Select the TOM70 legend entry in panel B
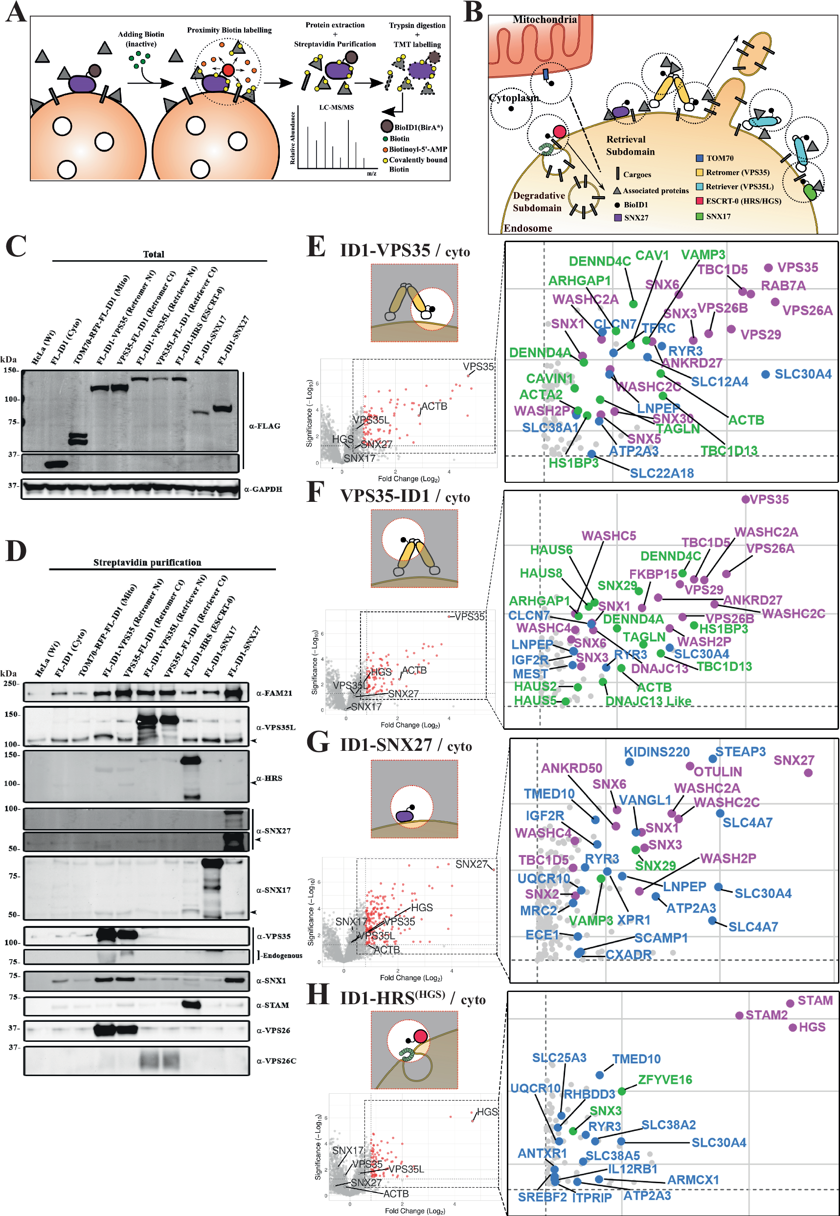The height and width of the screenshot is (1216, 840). point(719,158)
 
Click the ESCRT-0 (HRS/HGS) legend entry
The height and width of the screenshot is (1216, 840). point(743,201)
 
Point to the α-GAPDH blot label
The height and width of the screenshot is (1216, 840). point(263,489)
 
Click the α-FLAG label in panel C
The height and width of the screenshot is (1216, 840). point(264,426)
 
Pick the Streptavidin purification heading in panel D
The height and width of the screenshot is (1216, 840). point(147,563)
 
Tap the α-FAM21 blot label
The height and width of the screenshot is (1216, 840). point(273,693)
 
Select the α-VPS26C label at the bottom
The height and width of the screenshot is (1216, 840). point(276,1061)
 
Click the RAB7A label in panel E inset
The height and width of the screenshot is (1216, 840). point(783,286)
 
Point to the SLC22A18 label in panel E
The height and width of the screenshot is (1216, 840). point(661,473)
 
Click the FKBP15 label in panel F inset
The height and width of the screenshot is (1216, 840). point(653,574)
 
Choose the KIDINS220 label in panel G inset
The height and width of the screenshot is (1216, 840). point(657,752)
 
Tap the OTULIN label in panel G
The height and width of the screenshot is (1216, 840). point(717,771)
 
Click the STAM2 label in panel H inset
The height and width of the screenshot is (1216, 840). point(766,1015)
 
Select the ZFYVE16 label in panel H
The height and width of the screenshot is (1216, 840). point(665,1079)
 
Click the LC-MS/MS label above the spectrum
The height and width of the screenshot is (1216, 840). point(336,107)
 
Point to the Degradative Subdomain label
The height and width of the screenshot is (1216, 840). point(538,202)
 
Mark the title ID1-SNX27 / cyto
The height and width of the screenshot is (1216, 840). point(406,745)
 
